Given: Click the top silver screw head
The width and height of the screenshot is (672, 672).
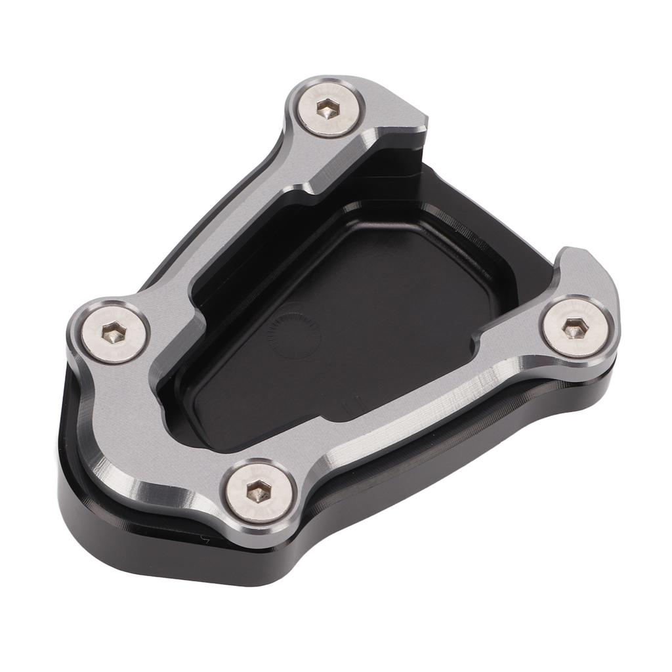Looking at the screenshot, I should (327, 108).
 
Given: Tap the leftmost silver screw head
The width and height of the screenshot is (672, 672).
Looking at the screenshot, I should (115, 333).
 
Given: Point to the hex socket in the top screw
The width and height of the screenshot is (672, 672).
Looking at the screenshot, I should (327, 108).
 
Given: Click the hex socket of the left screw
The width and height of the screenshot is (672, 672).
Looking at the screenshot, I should (115, 334).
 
